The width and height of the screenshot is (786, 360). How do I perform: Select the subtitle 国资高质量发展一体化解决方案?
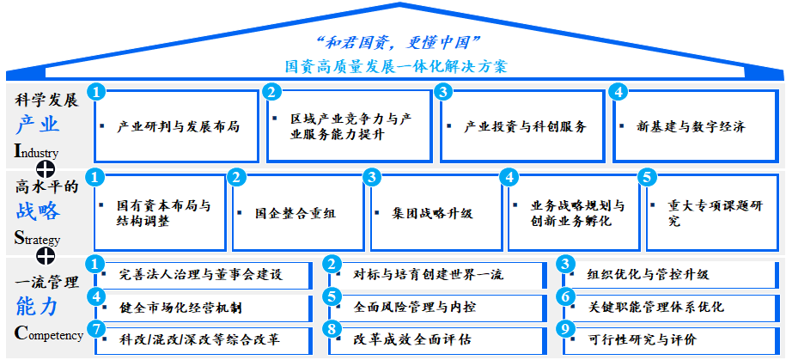click(x=396, y=65)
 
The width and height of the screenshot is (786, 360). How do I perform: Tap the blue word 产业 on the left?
click(x=37, y=125)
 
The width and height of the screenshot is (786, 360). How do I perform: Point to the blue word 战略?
click(x=37, y=211)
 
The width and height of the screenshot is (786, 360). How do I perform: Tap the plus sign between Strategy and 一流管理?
click(x=46, y=256)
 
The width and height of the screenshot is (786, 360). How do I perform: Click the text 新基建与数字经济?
click(x=691, y=126)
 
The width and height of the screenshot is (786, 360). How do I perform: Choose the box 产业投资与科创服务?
click(x=524, y=126)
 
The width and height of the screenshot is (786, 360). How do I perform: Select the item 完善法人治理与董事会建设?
click(x=201, y=275)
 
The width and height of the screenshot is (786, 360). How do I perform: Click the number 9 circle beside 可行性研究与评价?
click(x=565, y=328)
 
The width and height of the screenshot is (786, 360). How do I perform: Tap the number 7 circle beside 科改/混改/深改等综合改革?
click(x=98, y=328)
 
